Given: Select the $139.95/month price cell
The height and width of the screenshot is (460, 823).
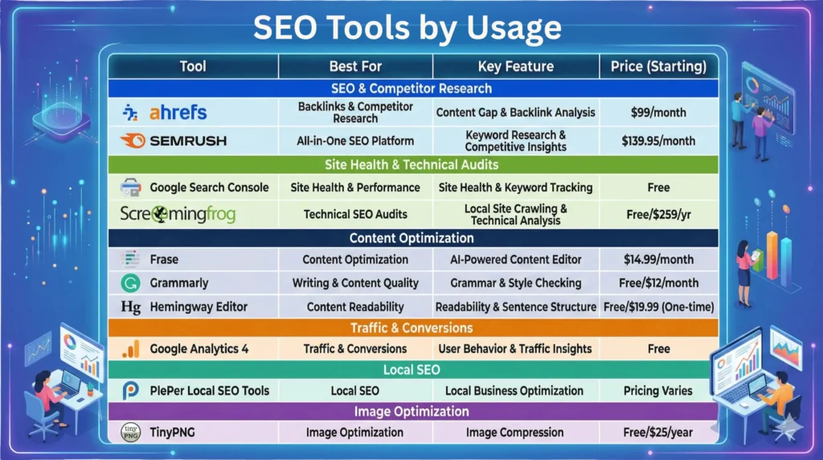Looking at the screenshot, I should pyautogui.click(x=657, y=141).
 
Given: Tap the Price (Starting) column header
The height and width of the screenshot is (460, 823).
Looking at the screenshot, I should pyautogui.click(x=657, y=66).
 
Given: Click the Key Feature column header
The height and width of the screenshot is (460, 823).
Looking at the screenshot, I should pyautogui.click(x=515, y=66).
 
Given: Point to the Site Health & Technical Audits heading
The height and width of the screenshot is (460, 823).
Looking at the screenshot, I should pyautogui.click(x=411, y=165).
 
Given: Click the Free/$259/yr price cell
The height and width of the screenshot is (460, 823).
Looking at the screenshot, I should pyautogui.click(x=657, y=214).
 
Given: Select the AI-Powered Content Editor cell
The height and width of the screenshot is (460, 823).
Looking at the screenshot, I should pyautogui.click(x=515, y=260).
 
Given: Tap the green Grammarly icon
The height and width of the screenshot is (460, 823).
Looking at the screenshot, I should pyautogui.click(x=129, y=283).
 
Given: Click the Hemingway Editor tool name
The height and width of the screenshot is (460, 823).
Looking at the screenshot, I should pyautogui.click(x=199, y=306).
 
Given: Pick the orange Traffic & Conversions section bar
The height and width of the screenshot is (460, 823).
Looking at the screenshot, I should pyautogui.click(x=411, y=328).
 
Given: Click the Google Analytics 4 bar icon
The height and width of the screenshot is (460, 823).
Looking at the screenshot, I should pyautogui.click(x=131, y=349).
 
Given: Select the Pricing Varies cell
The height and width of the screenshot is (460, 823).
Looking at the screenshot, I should pyautogui.click(x=657, y=391).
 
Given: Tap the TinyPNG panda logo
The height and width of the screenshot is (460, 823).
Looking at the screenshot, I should pyautogui.click(x=130, y=432).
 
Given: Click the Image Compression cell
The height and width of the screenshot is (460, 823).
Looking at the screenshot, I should pyautogui.click(x=515, y=432).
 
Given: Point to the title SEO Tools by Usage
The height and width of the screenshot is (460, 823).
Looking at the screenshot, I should pyautogui.click(x=407, y=28).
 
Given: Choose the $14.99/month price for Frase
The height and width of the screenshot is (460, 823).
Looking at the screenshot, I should pyautogui.click(x=657, y=260).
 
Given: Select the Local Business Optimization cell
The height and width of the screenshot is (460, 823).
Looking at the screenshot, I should pyautogui.click(x=515, y=391).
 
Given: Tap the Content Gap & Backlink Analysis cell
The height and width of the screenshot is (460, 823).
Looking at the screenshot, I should pyautogui.click(x=515, y=113).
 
